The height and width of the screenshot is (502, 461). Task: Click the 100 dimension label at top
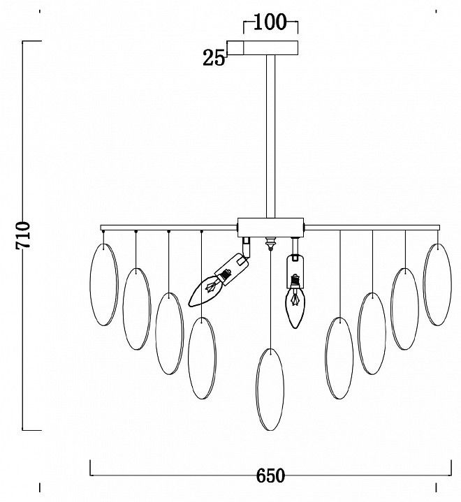coord(270,22)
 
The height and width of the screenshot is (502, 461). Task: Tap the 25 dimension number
coord(214,58)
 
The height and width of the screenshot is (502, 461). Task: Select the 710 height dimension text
coord(23,235)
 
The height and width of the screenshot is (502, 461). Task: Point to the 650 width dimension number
coord(270,475)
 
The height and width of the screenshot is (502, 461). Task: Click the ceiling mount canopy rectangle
coord(263,48)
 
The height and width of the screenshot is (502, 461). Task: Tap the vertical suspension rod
coord(271,137)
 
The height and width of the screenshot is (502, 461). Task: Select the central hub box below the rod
coord(270,228)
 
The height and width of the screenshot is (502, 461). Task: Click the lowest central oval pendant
coord(270,390)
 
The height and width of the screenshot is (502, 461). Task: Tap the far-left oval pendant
coord(104,285)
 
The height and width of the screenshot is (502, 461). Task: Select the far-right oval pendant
coord(437,285)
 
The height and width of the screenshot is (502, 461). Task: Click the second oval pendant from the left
coord(137,309)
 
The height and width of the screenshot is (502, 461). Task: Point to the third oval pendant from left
coord(170,334)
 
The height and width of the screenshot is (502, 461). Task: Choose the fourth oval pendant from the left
coord(202,358)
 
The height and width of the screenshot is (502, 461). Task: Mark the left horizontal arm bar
coord(169,228)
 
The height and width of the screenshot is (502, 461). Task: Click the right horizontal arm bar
coord(372,228)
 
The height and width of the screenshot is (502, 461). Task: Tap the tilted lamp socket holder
coord(232,269)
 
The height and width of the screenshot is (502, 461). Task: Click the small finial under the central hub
coord(271,244)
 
